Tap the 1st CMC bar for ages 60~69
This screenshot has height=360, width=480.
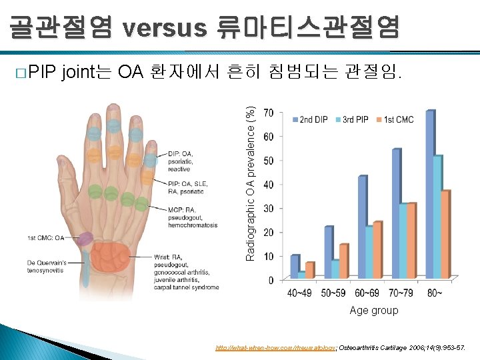tap(377, 249)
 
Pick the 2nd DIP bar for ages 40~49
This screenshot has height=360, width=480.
tap(295, 266)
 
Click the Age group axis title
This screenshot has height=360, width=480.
tap(373, 310)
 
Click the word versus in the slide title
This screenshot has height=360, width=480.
tap(165, 27)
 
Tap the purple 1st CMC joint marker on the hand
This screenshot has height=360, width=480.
tap(85, 239)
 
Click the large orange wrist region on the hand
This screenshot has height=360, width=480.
tap(111, 257)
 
